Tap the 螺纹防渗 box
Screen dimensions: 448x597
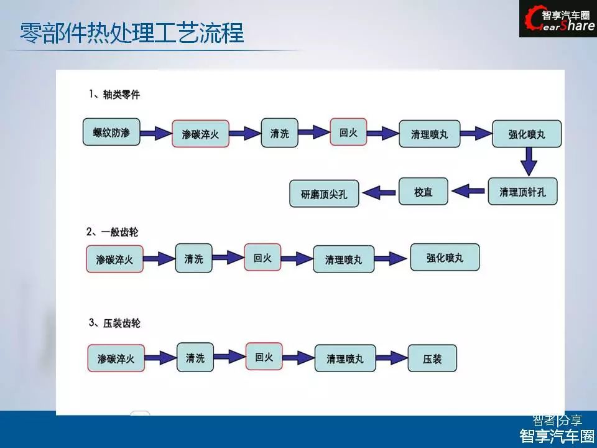click(x=111, y=132)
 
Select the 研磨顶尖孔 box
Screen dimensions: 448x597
click(x=324, y=194)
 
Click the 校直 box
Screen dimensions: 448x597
click(x=423, y=192)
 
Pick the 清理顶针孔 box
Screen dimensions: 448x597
click(x=522, y=192)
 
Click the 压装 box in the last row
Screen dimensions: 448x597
click(x=432, y=359)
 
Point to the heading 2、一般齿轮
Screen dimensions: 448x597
click(x=112, y=232)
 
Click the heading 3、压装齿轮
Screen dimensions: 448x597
click(x=114, y=323)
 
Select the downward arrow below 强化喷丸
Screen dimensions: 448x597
click(x=529, y=162)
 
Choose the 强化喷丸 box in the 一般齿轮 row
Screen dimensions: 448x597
click(x=445, y=257)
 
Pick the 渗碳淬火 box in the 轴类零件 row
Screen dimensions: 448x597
click(x=200, y=133)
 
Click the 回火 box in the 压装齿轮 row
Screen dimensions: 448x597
click(x=264, y=357)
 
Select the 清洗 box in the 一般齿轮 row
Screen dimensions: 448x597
click(x=193, y=258)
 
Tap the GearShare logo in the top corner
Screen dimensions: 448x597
click(x=558, y=19)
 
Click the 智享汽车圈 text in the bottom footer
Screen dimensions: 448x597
click(x=557, y=436)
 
